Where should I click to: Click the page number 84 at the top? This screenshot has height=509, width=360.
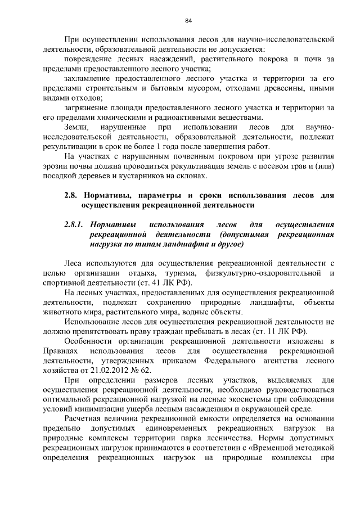point(188,21)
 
